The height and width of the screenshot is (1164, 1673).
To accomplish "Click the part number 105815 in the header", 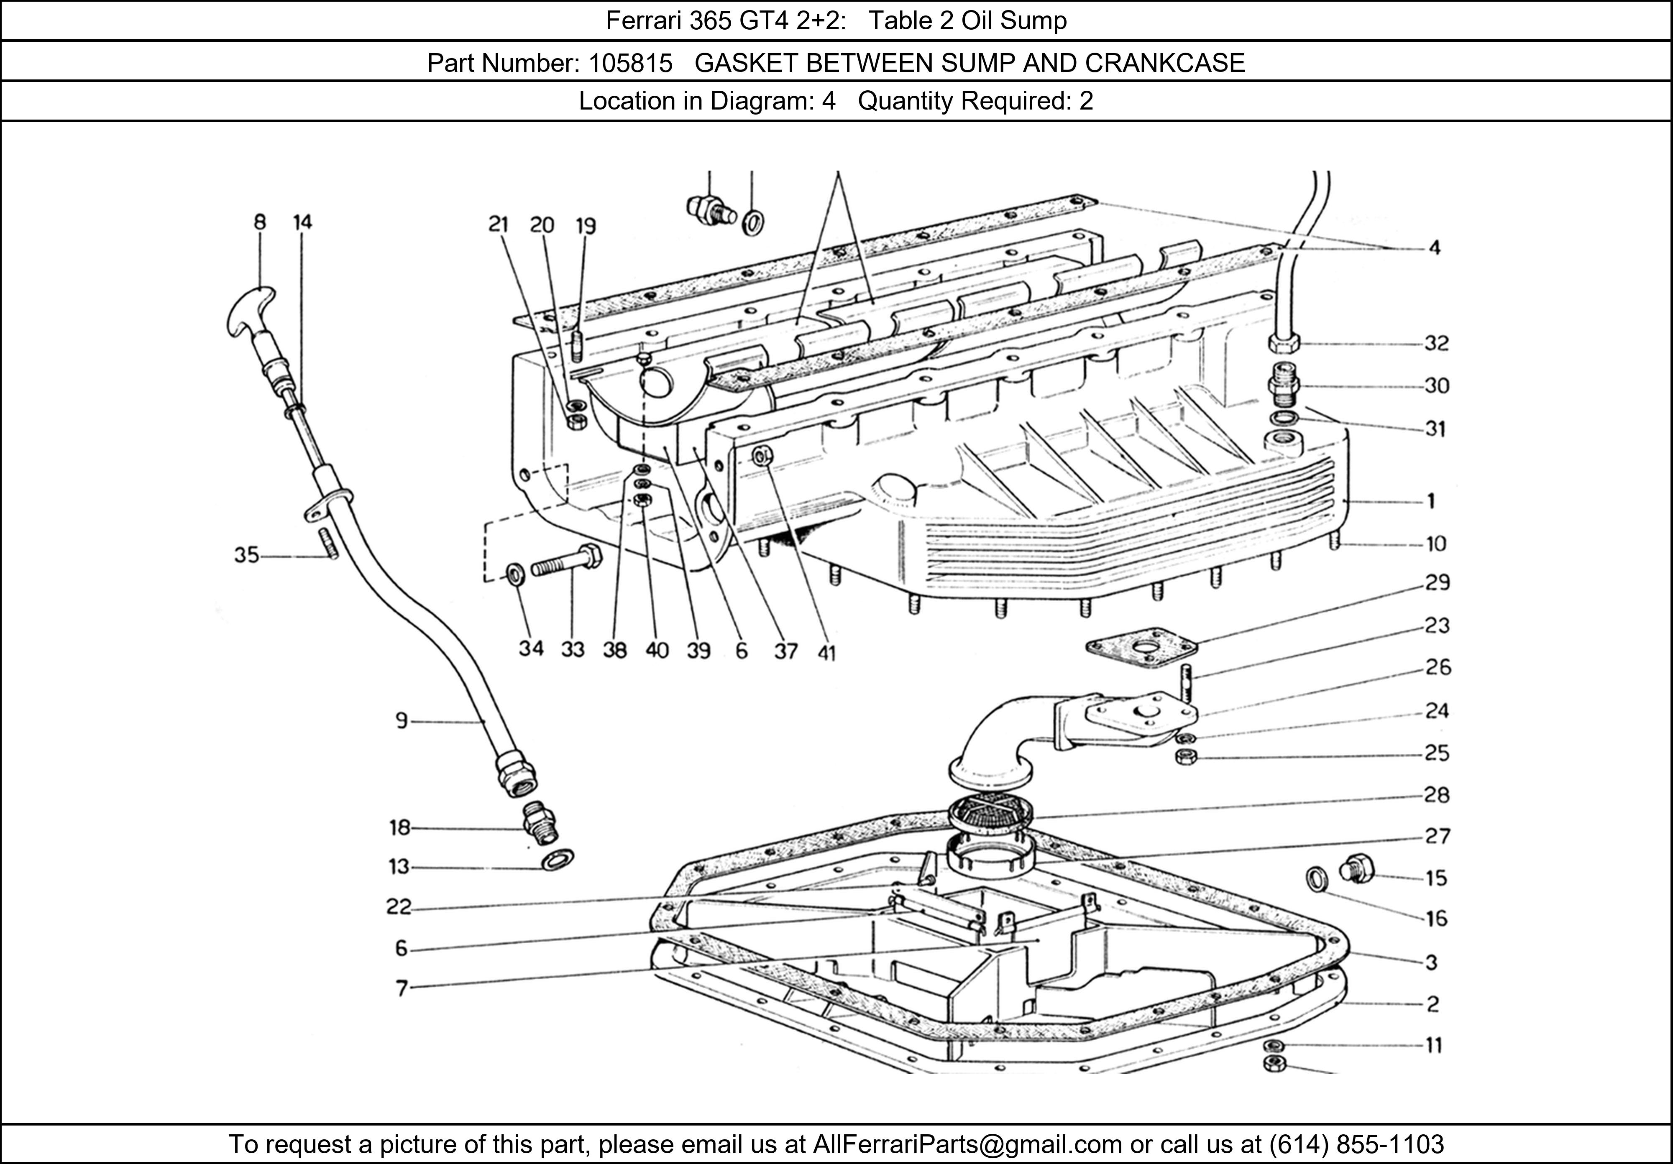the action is click(630, 64).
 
